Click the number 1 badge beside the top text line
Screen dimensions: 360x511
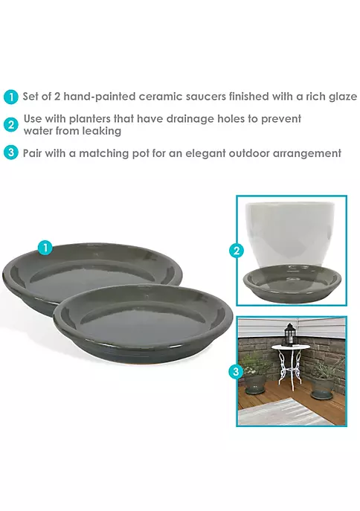pos(10,97)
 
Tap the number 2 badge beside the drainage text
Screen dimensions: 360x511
pos(10,125)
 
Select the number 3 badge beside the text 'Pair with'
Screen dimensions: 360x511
pos(10,152)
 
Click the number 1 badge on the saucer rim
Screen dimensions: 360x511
pos(45,248)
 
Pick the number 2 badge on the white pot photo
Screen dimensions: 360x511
pos(237,251)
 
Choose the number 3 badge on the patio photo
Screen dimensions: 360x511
pos(236,372)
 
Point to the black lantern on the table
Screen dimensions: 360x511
pos(289,335)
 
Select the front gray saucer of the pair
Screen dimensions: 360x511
pos(143,324)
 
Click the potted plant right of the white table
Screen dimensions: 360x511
pos(325,378)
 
